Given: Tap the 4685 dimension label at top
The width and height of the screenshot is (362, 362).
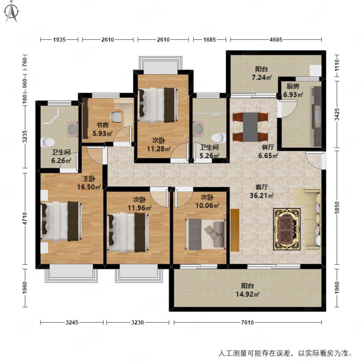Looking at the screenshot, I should coord(276,40).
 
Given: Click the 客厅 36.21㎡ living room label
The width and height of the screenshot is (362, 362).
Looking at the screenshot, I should coord(262,191).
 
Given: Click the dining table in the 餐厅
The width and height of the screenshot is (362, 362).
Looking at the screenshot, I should coord(250,127).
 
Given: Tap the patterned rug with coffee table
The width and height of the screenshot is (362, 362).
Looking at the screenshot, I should coord(287,229).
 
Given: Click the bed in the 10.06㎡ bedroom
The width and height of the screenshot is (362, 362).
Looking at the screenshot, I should coord(205,234).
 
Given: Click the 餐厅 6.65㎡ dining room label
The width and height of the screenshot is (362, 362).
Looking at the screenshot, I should coord(268,151).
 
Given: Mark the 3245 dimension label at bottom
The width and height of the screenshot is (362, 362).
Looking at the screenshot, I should coord(72,322).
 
